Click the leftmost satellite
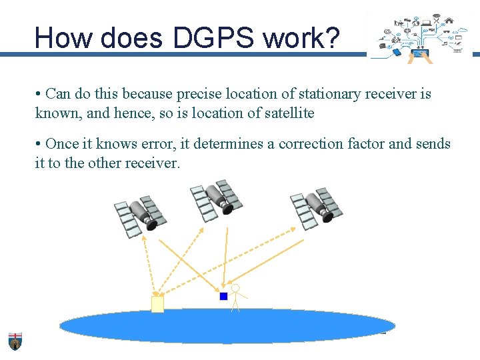click(140, 215)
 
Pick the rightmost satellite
click(316, 207)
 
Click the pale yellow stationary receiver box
click(157, 304)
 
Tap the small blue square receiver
click(224, 296)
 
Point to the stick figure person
click(235, 297)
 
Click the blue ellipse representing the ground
click(227, 326)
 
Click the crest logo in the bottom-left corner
click(15, 341)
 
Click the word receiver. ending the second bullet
click(153, 163)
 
